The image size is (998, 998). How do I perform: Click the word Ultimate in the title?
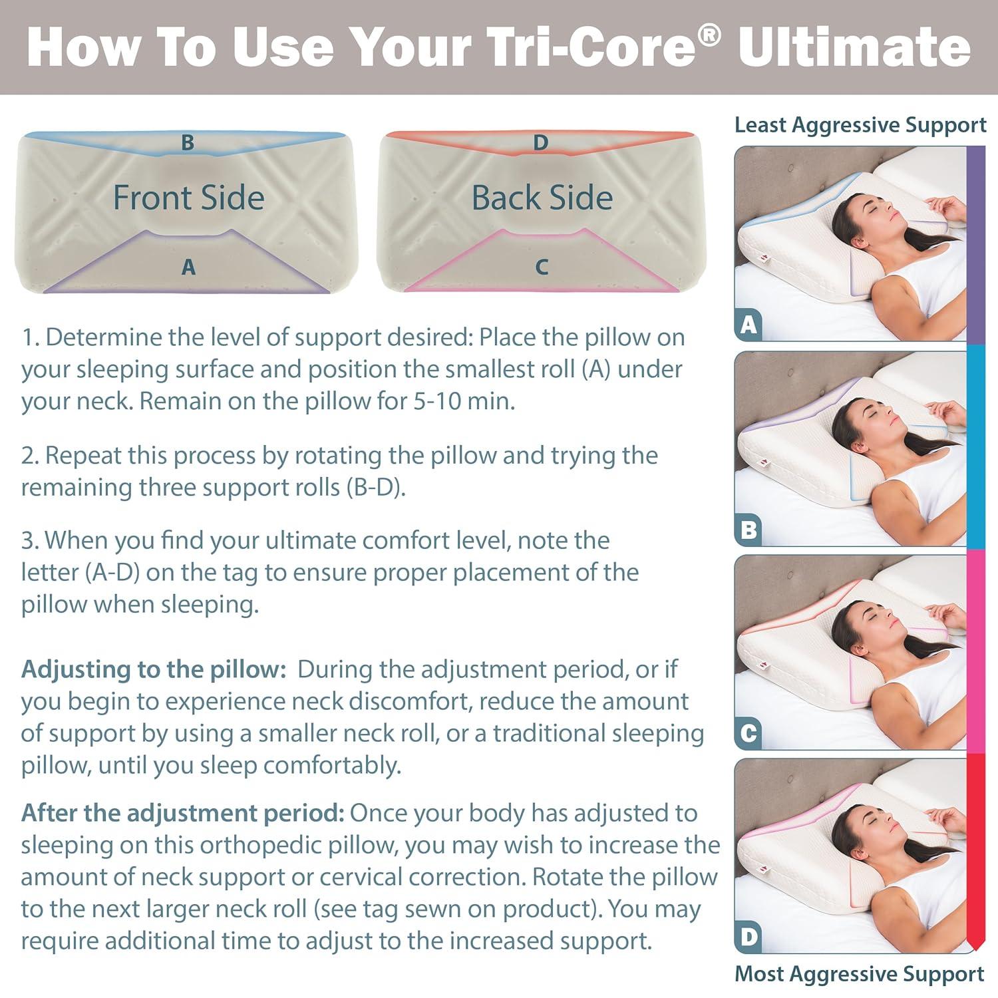click(x=854, y=47)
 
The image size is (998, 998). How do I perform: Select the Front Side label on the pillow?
click(x=189, y=198)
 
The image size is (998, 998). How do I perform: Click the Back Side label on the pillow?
click(x=542, y=198)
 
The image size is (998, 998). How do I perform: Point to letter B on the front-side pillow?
click(x=188, y=142)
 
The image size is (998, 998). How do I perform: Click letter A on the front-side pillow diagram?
click(x=188, y=267)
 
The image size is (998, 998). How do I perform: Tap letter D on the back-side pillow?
click(x=540, y=142)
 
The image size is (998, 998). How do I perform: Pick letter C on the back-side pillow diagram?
click(x=541, y=267)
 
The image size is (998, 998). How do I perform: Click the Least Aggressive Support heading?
click(x=860, y=125)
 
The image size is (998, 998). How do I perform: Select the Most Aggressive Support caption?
click(x=858, y=973)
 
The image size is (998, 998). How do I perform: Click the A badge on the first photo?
click(x=748, y=325)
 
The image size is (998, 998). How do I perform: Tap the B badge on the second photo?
click(x=748, y=530)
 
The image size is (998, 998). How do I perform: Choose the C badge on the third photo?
click(x=748, y=733)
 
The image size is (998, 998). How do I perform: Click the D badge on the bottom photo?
click(x=748, y=937)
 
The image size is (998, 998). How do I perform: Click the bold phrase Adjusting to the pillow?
click(x=153, y=669)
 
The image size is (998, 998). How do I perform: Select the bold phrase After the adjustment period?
click(x=182, y=813)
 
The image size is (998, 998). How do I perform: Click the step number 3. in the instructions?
click(x=30, y=540)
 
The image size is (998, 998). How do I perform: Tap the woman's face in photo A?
click(x=878, y=213)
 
